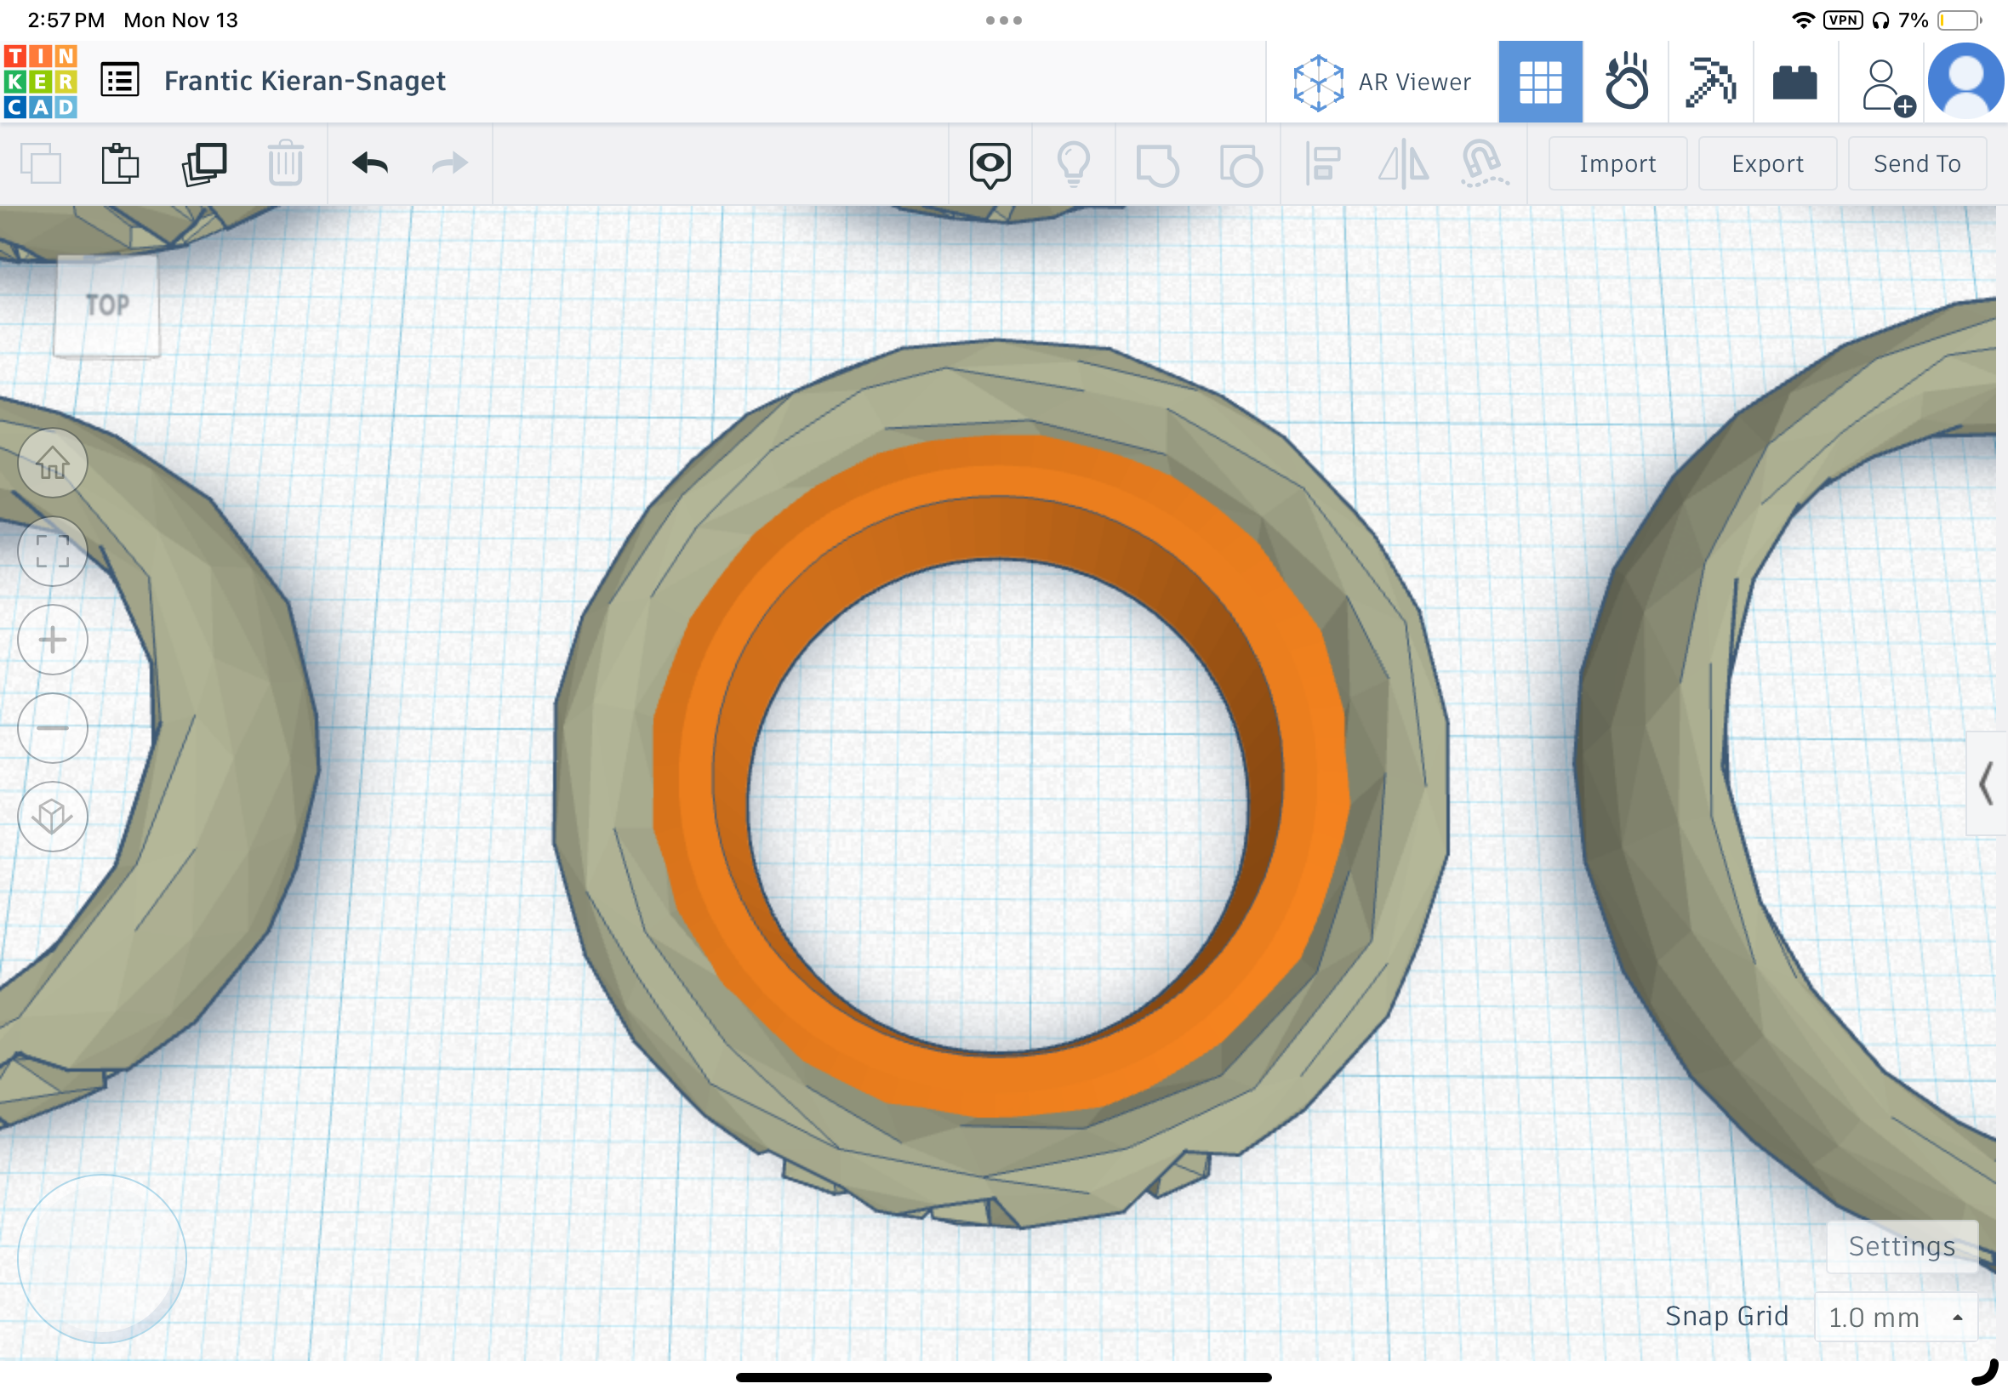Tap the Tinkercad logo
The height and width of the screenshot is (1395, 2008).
coord(40,82)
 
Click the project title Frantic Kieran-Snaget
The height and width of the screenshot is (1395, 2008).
coord(305,82)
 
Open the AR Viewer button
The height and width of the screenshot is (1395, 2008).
coord(1382,83)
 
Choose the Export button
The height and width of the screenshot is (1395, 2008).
coord(1766,163)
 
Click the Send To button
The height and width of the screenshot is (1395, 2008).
coord(1916,163)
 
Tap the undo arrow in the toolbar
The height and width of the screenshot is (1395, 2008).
coord(370,163)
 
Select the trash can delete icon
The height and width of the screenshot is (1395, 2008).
coord(285,163)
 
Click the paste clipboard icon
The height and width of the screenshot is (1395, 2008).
coord(120,163)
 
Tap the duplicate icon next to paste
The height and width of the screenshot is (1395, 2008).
coord(203,163)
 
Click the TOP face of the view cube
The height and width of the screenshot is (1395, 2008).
coord(106,305)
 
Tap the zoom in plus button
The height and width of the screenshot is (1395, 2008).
coord(53,640)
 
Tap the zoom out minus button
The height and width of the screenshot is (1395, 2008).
coord(53,727)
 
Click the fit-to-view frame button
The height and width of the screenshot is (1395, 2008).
coord(53,551)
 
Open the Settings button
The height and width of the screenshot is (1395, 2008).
coord(1902,1245)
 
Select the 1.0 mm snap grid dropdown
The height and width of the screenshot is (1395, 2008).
coord(1895,1317)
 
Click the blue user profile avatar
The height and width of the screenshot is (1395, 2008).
coord(1965,82)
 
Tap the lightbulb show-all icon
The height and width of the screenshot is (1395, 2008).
coord(1074,163)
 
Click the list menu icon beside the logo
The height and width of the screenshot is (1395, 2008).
coord(120,82)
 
